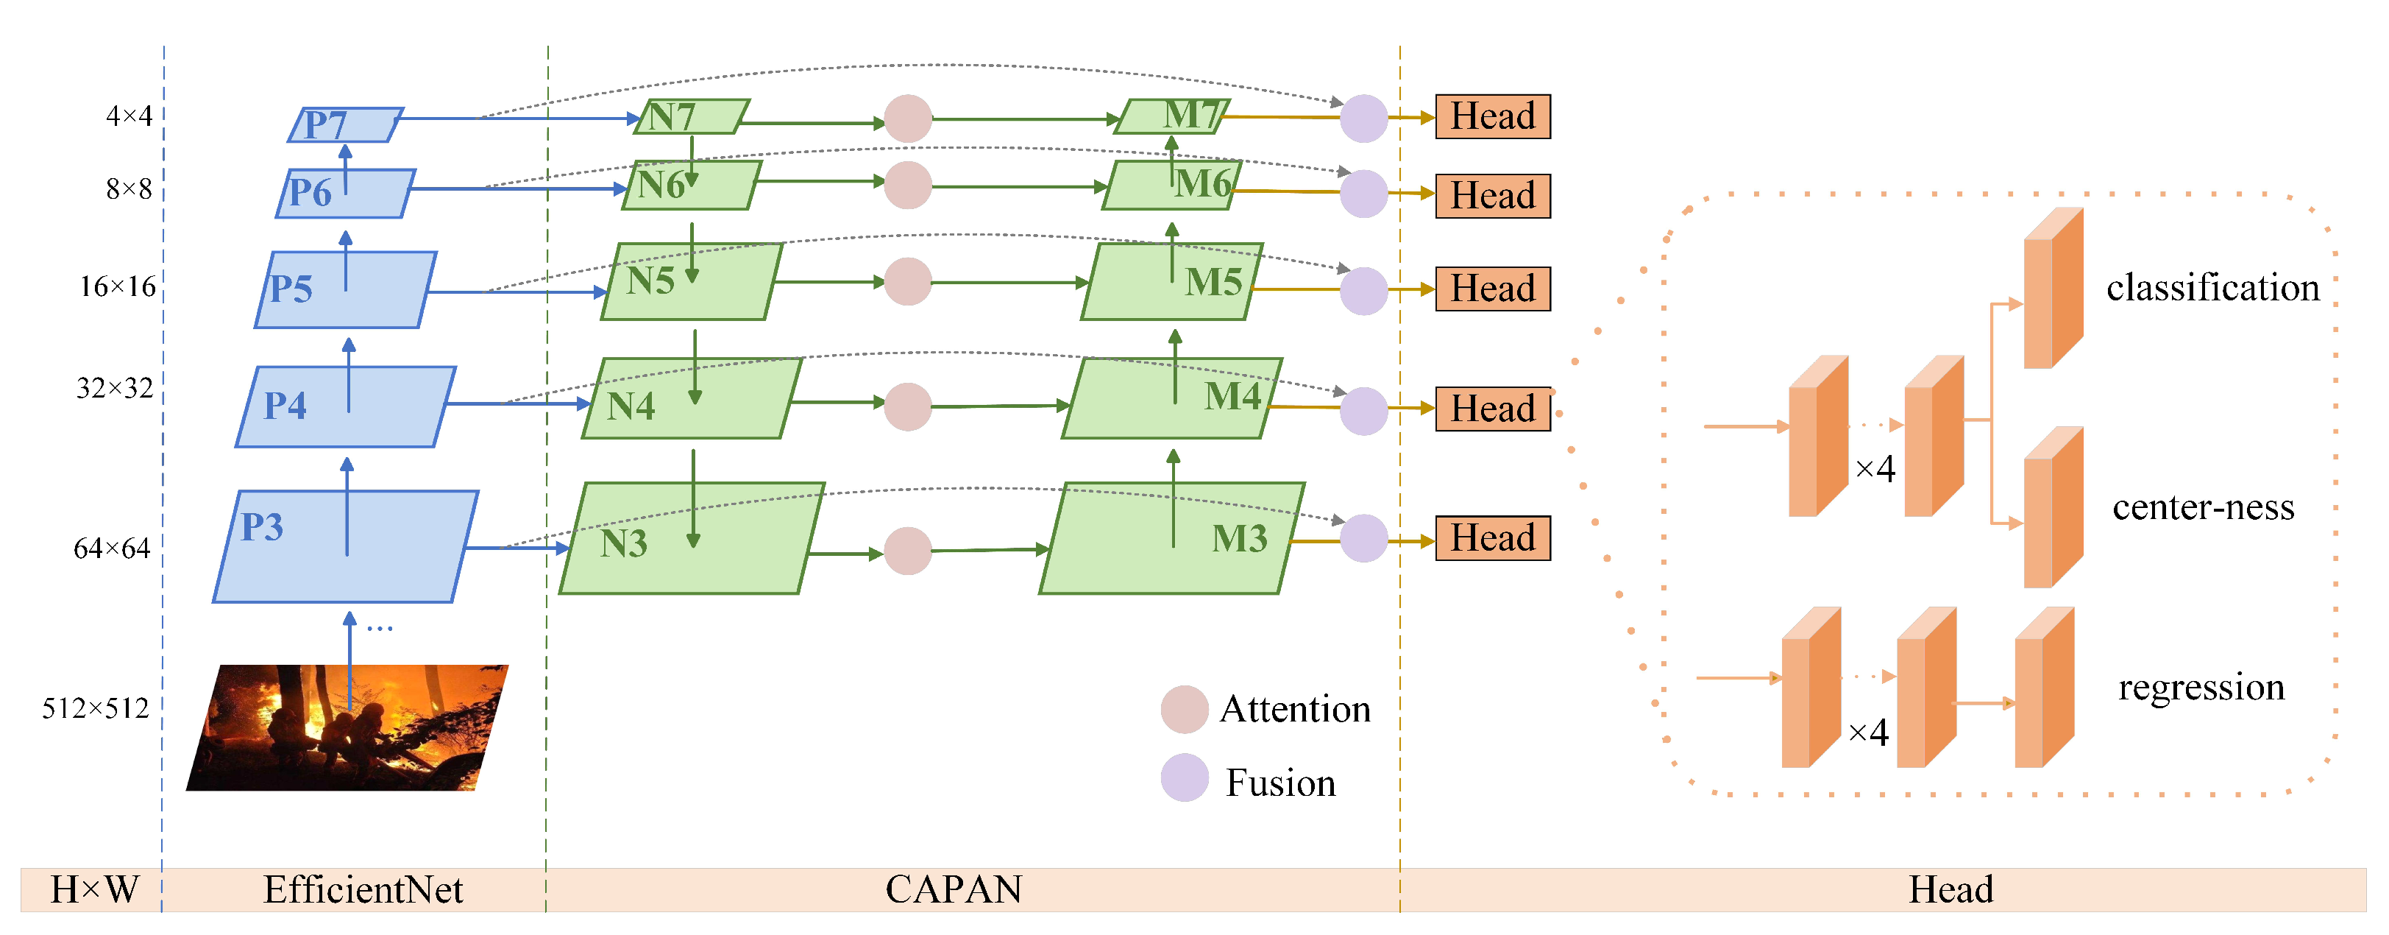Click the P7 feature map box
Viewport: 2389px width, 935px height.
(345, 124)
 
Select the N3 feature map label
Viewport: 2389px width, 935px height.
(623, 543)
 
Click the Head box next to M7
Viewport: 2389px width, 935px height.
(1492, 117)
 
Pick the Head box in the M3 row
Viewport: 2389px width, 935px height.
(1492, 538)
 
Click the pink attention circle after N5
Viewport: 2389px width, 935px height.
(907, 282)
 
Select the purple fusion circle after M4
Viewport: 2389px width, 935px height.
(1363, 411)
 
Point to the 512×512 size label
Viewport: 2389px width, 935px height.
(96, 709)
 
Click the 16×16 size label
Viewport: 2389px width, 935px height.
(117, 286)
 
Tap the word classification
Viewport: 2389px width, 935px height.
(2212, 288)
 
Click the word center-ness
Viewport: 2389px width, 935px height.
(2203, 507)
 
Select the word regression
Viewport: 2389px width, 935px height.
(2201, 688)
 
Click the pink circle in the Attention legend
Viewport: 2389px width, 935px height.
(1185, 710)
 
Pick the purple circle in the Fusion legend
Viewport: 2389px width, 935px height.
(1185, 777)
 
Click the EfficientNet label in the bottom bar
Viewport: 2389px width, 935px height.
(363, 889)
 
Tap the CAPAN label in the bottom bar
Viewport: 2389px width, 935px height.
(954, 889)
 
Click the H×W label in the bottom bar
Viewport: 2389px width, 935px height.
(93, 889)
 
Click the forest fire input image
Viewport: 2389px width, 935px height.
(348, 728)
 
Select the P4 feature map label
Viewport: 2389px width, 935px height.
(285, 406)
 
